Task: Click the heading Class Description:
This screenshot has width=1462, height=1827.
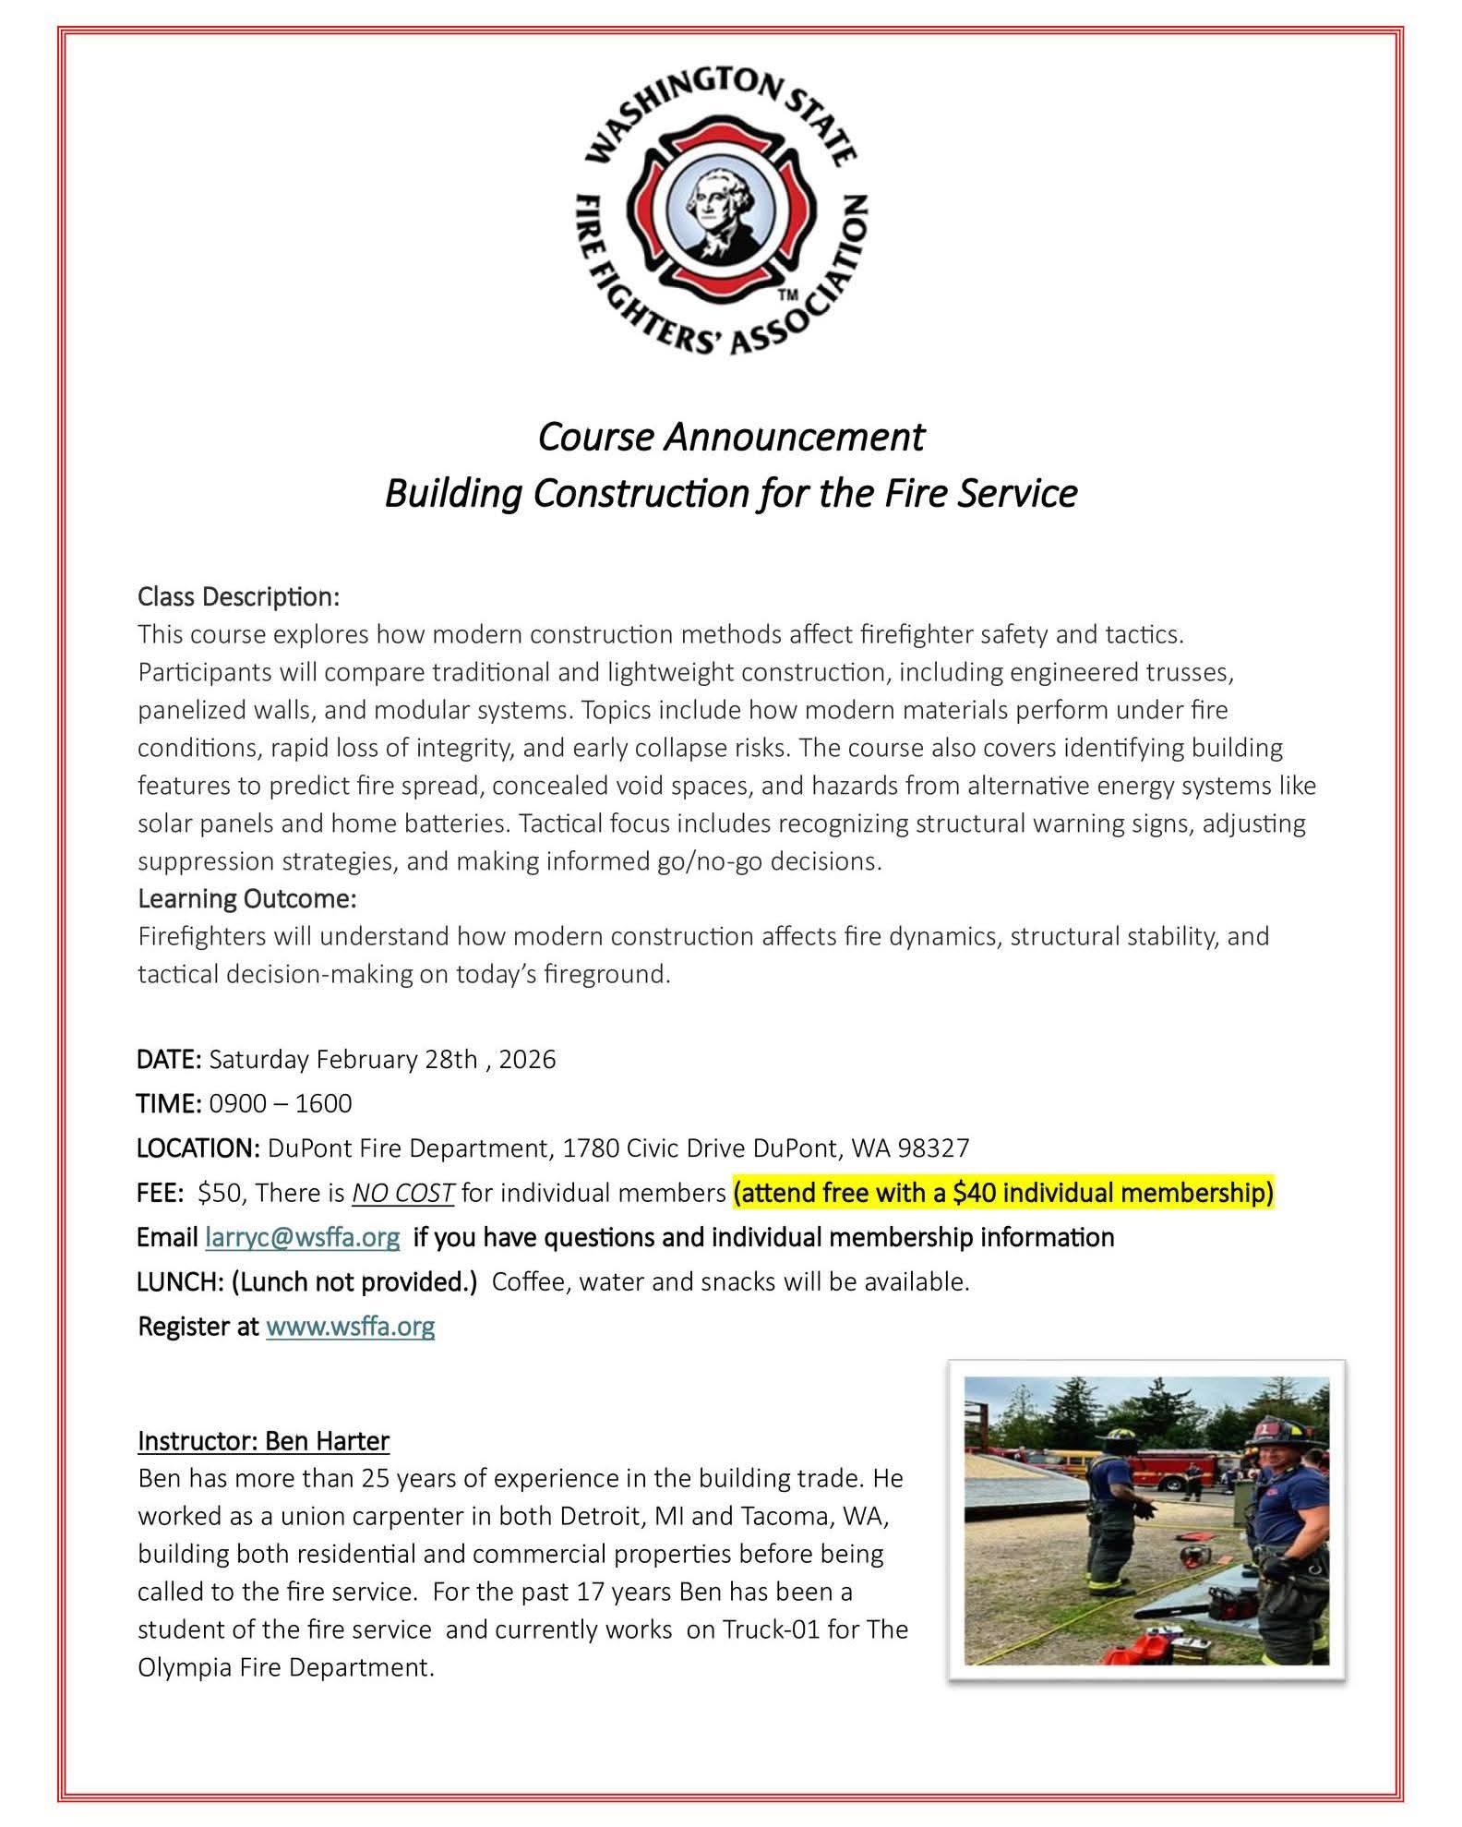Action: click(239, 596)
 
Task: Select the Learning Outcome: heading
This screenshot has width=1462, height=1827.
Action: click(247, 898)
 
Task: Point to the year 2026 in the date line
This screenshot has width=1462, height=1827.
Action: click(527, 1059)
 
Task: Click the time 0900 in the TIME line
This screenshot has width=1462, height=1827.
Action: click(235, 1103)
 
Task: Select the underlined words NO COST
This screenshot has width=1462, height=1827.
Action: click(402, 1193)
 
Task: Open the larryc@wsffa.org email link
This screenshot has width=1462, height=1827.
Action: click(303, 1237)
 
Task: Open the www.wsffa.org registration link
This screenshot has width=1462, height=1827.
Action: click(350, 1327)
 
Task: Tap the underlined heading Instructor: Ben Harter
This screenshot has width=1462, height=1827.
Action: click(263, 1441)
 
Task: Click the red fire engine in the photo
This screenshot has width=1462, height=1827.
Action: click(1191, 1468)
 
